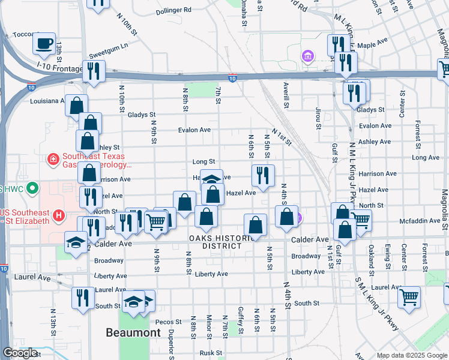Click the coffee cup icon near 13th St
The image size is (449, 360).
[x=44, y=43]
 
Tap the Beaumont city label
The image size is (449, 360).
[x=133, y=332]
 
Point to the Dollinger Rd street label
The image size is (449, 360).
[x=173, y=10]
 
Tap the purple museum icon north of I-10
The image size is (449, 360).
[x=308, y=56]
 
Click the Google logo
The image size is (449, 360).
[x=20, y=353]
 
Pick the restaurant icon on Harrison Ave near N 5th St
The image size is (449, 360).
[x=263, y=176]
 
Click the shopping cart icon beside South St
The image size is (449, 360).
[x=409, y=297]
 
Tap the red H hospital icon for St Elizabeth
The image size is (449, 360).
[x=59, y=215]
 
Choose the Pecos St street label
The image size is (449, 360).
[x=163, y=322]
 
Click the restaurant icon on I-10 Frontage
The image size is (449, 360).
[x=94, y=71]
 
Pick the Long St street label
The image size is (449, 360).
[x=203, y=161]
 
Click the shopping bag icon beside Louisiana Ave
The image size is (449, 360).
[x=77, y=106]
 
